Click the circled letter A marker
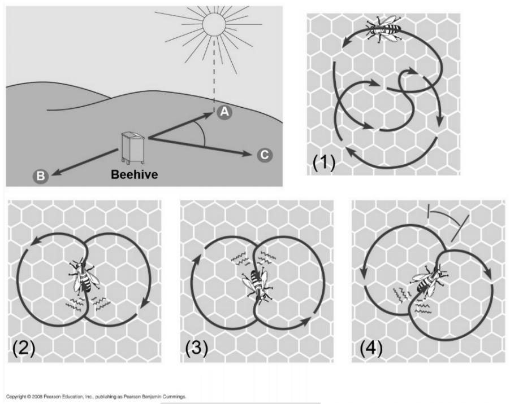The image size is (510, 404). pyautogui.click(x=224, y=112)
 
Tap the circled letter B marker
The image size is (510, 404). pyautogui.click(x=40, y=176)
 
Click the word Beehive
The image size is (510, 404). pyautogui.click(x=135, y=174)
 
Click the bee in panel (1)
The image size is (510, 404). pyautogui.click(x=384, y=28)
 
